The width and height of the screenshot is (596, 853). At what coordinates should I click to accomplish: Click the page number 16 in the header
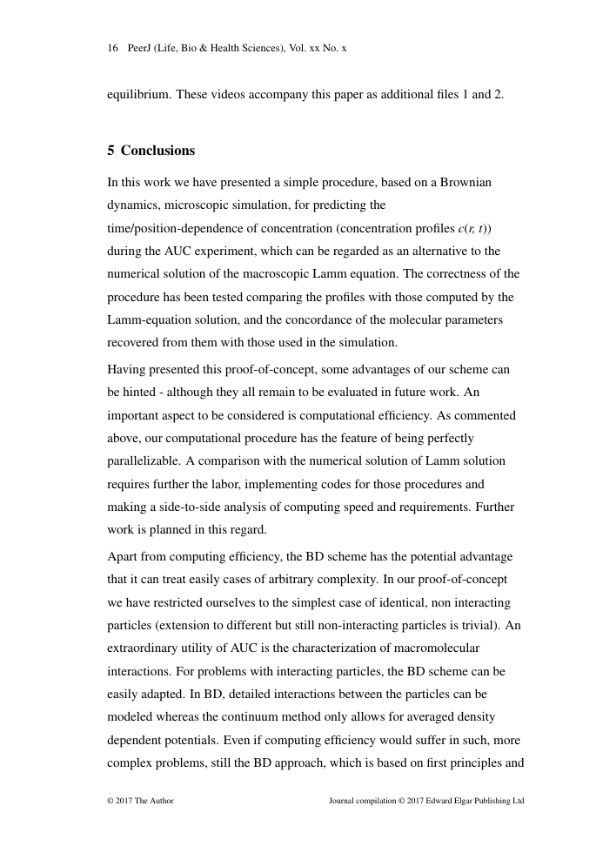112,49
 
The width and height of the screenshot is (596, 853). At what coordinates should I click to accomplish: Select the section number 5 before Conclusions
111,151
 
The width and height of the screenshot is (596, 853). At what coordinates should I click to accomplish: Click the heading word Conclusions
157,151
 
